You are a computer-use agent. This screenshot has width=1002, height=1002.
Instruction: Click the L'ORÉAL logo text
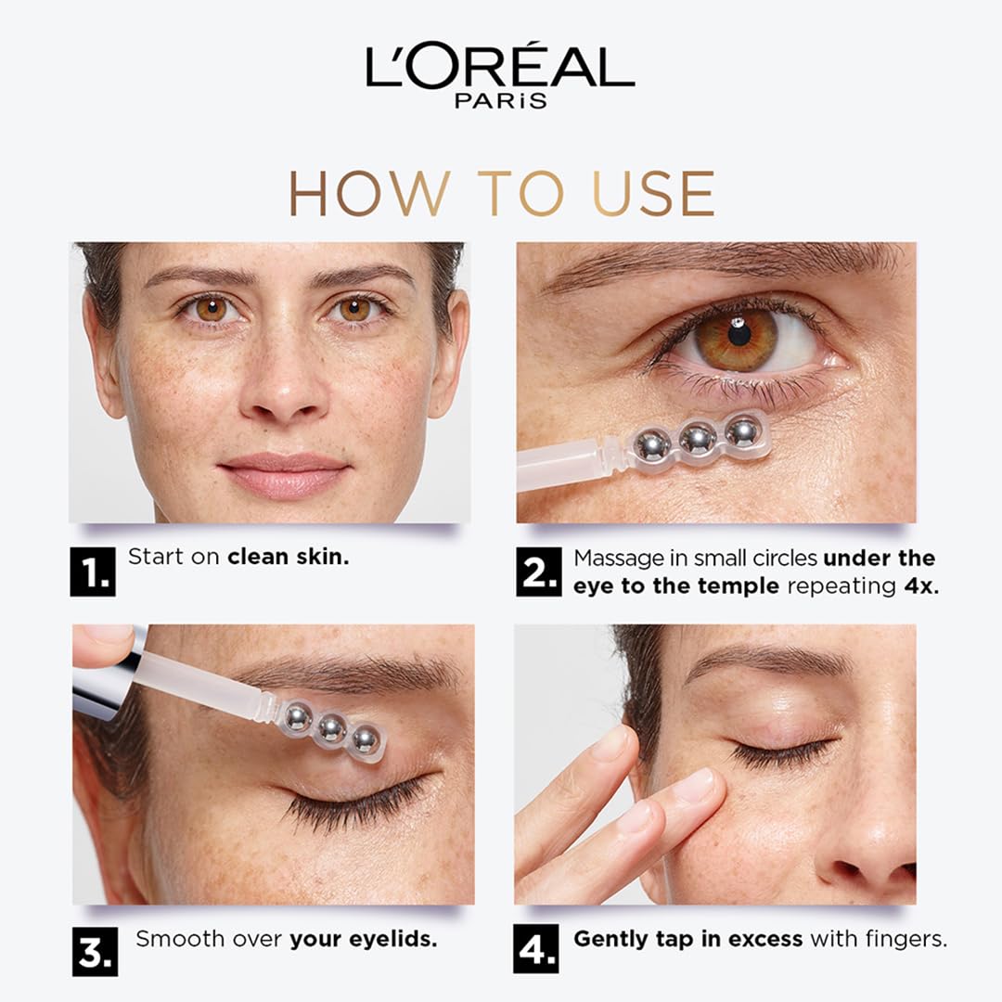pyautogui.click(x=500, y=68)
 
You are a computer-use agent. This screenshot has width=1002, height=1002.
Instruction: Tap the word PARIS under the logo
pyautogui.click(x=500, y=100)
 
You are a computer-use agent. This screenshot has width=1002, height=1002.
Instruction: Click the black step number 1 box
pyautogui.click(x=93, y=571)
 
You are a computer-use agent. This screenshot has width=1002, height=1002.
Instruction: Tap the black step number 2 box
pyautogui.click(x=538, y=572)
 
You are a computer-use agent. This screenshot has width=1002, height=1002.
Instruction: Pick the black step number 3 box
pyautogui.click(x=96, y=951)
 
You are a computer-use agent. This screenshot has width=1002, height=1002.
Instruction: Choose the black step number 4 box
pyautogui.click(x=537, y=950)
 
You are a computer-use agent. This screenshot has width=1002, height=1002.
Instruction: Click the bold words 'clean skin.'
pyautogui.click(x=288, y=558)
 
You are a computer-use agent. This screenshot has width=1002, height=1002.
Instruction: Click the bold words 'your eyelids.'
pyautogui.click(x=363, y=939)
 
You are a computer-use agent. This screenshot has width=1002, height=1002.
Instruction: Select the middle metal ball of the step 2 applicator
pyautogui.click(x=698, y=437)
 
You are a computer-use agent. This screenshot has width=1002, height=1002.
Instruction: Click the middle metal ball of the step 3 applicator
pyautogui.click(x=331, y=728)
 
